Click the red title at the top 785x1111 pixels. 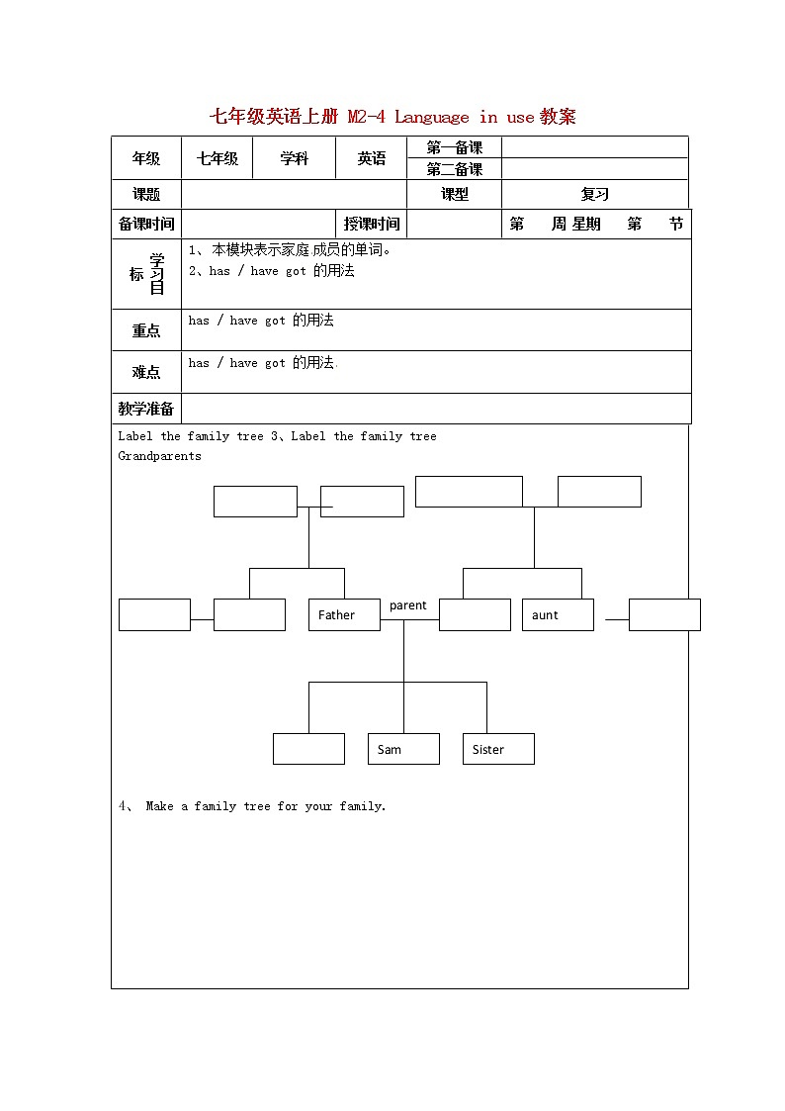pyautogui.click(x=392, y=117)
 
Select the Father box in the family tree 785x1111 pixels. pyautogui.click(x=344, y=614)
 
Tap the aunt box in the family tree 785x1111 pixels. pyautogui.click(x=558, y=614)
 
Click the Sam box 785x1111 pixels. pyautogui.click(x=403, y=749)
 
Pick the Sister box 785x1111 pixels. pyautogui.click(x=498, y=749)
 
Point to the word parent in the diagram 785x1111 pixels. pyautogui.click(x=408, y=605)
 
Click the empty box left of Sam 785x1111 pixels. pyautogui.click(x=308, y=749)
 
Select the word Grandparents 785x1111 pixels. pyautogui.click(x=159, y=456)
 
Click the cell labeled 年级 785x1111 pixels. pyautogui.click(x=146, y=158)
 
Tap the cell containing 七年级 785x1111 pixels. pyautogui.click(x=218, y=158)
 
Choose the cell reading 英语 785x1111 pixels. pyautogui.click(x=372, y=158)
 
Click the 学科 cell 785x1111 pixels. pyautogui.click(x=295, y=158)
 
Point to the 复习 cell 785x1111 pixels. pyautogui.click(x=595, y=195)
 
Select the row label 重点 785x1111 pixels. pyautogui.click(x=146, y=330)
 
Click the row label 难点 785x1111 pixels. pyautogui.click(x=146, y=372)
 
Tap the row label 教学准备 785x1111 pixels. pyautogui.click(x=146, y=409)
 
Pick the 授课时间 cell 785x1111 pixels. pyautogui.click(x=372, y=224)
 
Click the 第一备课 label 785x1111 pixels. pyautogui.click(x=455, y=147)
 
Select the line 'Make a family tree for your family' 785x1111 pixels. pyautogui.click(x=265, y=806)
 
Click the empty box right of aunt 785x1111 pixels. pyautogui.click(x=664, y=614)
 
